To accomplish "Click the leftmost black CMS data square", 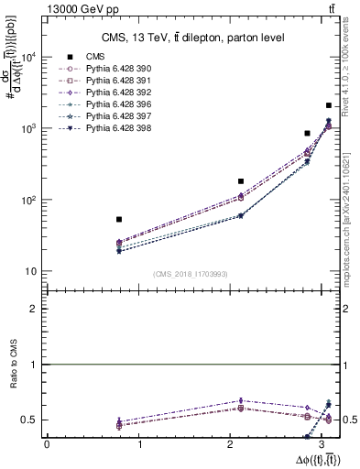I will (119, 219).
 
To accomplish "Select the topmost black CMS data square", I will (330, 106).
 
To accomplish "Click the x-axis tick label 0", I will (47, 445).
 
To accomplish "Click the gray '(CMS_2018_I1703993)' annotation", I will (191, 274).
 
